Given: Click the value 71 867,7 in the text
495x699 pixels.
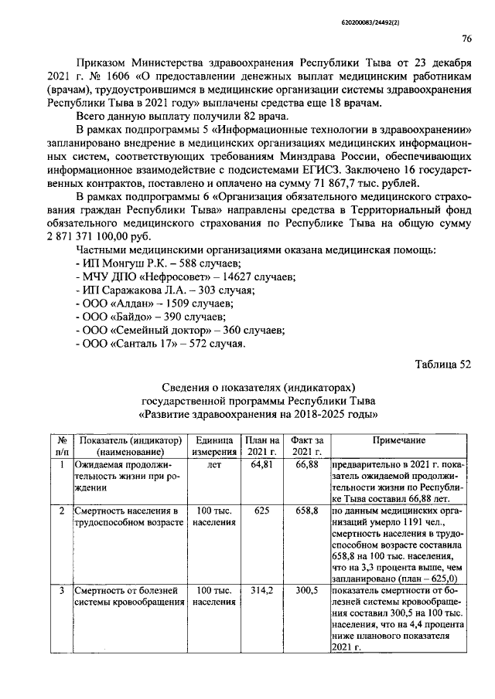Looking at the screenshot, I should pos(344,182).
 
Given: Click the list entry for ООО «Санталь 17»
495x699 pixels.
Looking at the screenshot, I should pos(162,344).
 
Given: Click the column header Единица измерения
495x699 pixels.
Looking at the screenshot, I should pos(214,446).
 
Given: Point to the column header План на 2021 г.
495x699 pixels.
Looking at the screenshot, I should pos(262,446).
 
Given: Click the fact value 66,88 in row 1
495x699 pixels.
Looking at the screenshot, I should pos(307,465).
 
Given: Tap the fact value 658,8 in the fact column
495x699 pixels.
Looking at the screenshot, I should pos(307,511).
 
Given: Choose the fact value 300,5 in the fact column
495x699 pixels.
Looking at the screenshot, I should pos(307,590).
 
